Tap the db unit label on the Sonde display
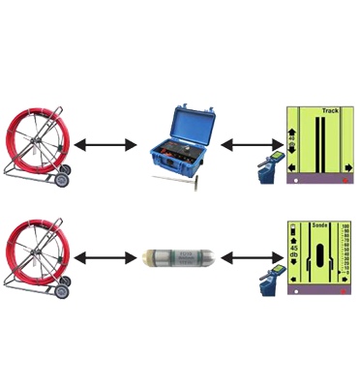click(x=292, y=265)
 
